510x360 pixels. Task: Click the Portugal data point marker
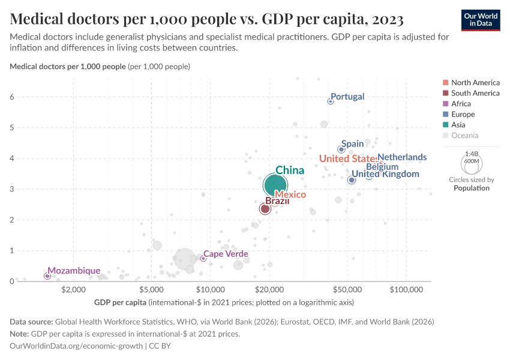click(x=330, y=101)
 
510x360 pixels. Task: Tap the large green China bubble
click(x=275, y=185)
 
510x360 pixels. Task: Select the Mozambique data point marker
click(x=47, y=276)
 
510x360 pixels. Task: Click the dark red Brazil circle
click(x=265, y=209)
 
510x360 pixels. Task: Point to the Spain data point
click(x=341, y=149)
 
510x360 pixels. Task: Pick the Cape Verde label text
click(x=226, y=254)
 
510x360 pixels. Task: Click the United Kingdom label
click(x=385, y=174)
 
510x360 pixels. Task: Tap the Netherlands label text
click(x=402, y=157)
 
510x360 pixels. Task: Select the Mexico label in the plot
click(x=290, y=195)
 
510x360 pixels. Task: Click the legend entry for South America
click(x=475, y=93)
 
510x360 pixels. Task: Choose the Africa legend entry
click(x=461, y=104)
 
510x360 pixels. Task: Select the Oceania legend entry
click(x=464, y=136)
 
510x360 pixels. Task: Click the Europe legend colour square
click(x=445, y=115)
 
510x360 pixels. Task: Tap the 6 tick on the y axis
click(x=12, y=97)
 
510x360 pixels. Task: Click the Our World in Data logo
click(x=481, y=20)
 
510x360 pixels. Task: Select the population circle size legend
click(x=471, y=163)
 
